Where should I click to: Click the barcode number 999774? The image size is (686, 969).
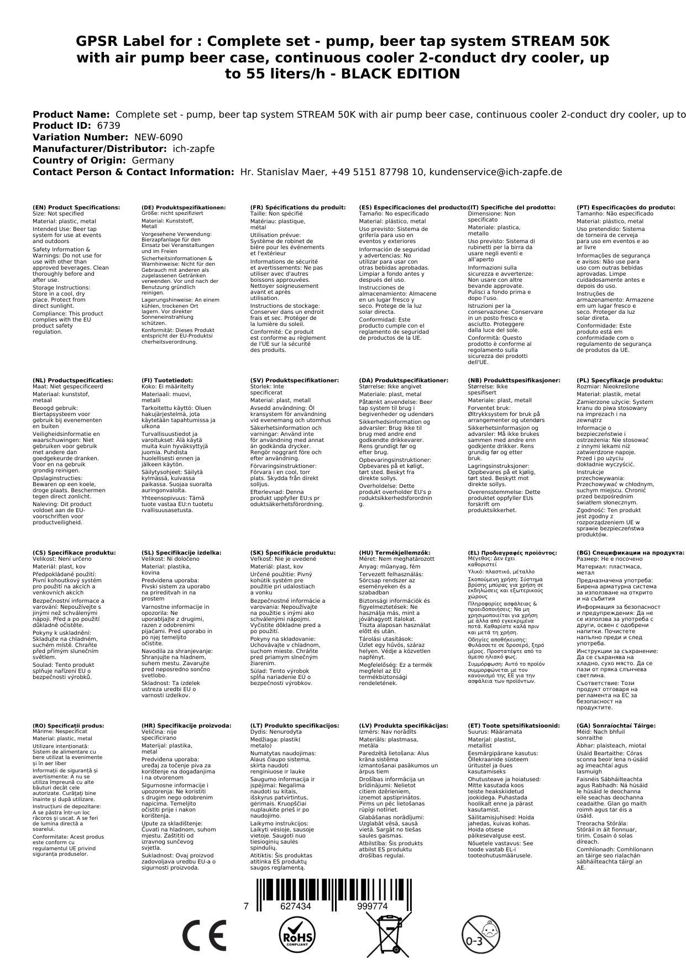click(372, 907)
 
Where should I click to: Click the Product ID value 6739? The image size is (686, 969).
click(108, 125)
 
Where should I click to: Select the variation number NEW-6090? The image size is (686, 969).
click(158, 137)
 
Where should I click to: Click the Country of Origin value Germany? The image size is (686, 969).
click(153, 160)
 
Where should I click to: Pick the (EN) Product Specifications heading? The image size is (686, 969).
click(76, 208)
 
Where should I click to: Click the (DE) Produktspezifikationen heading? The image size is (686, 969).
click(184, 208)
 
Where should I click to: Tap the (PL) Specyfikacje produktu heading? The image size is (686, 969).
click(619, 381)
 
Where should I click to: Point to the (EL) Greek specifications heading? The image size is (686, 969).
click(512, 552)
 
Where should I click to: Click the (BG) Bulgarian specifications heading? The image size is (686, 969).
click(630, 552)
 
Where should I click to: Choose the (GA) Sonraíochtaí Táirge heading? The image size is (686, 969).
click(616, 725)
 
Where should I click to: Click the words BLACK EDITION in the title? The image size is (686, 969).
click(400, 74)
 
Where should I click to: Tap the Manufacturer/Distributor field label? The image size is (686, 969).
click(100, 149)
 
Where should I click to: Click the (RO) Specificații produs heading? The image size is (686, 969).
click(68, 725)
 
